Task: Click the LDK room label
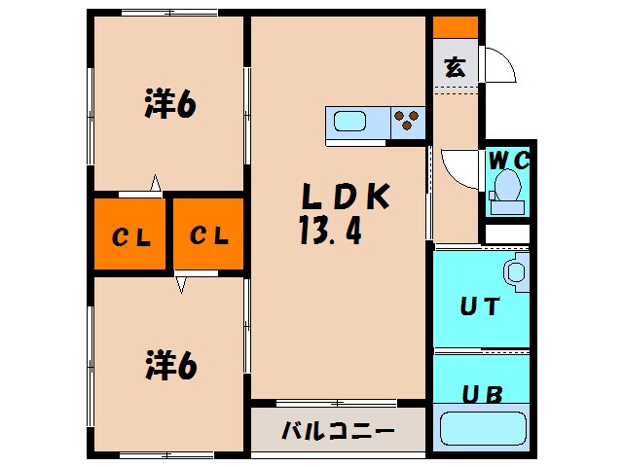[345, 198]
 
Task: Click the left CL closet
[129, 234]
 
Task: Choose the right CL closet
[208, 234]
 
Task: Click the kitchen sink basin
[349, 122]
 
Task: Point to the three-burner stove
[408, 122]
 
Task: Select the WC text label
[507, 160]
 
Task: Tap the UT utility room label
[479, 307]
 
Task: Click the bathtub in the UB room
[484, 428]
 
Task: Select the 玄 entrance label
[455, 67]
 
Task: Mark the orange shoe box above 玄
[455, 27]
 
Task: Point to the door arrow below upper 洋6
[155, 182]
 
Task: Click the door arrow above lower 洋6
[180, 283]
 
